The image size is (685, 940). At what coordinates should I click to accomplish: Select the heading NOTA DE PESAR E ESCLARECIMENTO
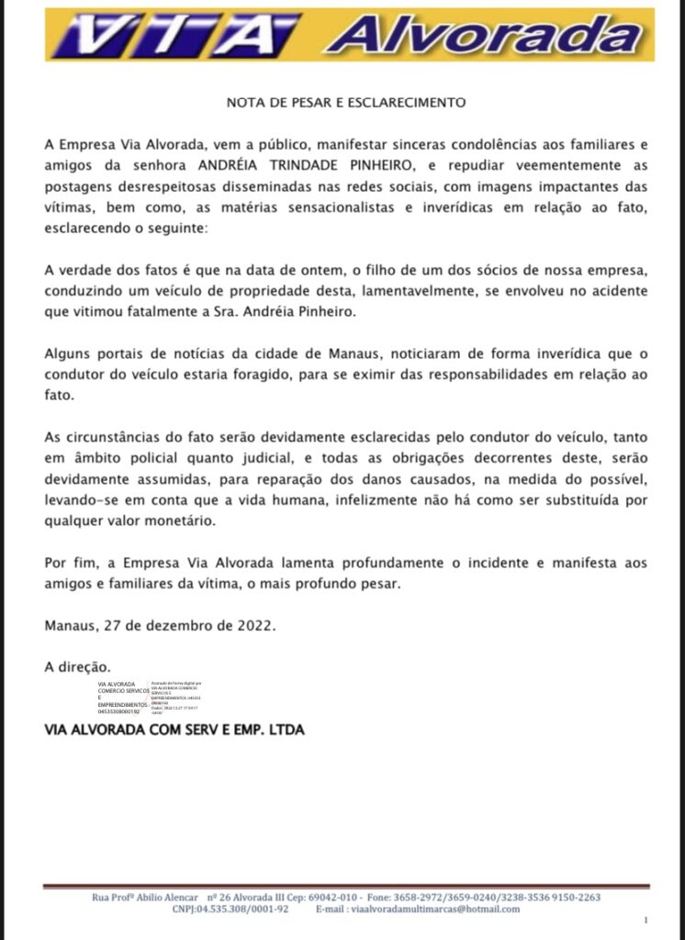pos(346,102)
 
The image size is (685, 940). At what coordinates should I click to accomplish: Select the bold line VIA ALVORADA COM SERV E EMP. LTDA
pos(174,731)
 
